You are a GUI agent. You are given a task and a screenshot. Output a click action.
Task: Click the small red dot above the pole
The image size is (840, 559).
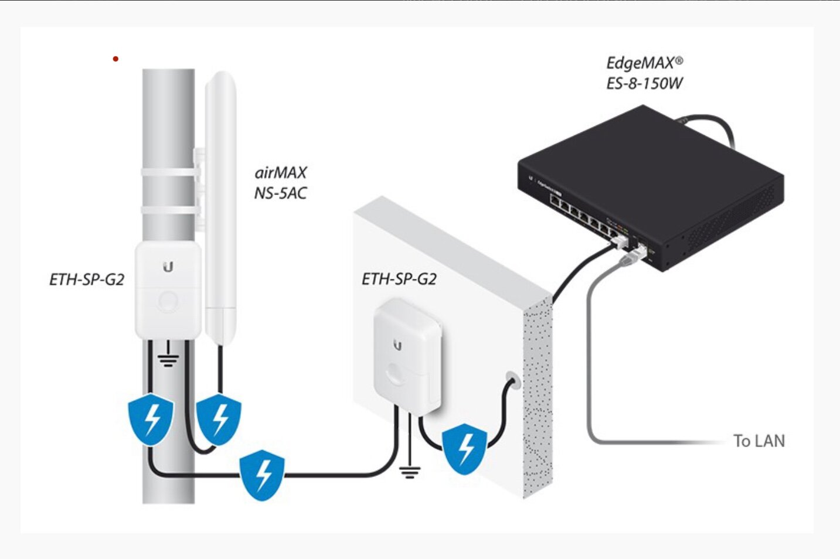[x=115, y=59]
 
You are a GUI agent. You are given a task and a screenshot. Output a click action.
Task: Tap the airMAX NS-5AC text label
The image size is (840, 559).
[x=280, y=183]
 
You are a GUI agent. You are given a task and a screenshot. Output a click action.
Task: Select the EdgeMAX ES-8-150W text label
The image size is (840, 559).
[x=644, y=73]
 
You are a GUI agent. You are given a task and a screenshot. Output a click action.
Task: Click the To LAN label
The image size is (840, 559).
[x=759, y=441]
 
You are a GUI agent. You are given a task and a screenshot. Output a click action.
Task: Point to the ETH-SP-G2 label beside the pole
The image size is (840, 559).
[x=87, y=279]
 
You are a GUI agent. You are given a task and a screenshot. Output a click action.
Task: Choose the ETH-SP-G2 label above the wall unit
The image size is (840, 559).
[x=399, y=279]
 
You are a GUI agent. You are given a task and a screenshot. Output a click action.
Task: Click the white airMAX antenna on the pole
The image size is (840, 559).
[x=220, y=205]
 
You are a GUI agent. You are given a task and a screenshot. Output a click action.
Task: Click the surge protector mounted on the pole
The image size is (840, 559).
[x=168, y=290]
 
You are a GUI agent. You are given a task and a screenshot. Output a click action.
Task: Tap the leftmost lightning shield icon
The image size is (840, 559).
[x=151, y=418]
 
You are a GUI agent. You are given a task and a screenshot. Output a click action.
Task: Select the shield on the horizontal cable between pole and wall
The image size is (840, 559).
[x=262, y=474]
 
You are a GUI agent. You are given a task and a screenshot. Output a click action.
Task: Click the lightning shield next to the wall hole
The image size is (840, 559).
[x=465, y=448]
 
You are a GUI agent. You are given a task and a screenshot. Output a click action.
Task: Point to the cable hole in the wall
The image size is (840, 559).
[x=511, y=379]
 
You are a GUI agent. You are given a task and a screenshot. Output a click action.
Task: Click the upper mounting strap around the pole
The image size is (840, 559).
[x=168, y=172]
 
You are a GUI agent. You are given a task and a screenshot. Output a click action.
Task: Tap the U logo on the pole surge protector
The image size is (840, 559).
[x=168, y=268]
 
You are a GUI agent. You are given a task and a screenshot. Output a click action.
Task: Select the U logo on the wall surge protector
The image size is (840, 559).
[x=397, y=345]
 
